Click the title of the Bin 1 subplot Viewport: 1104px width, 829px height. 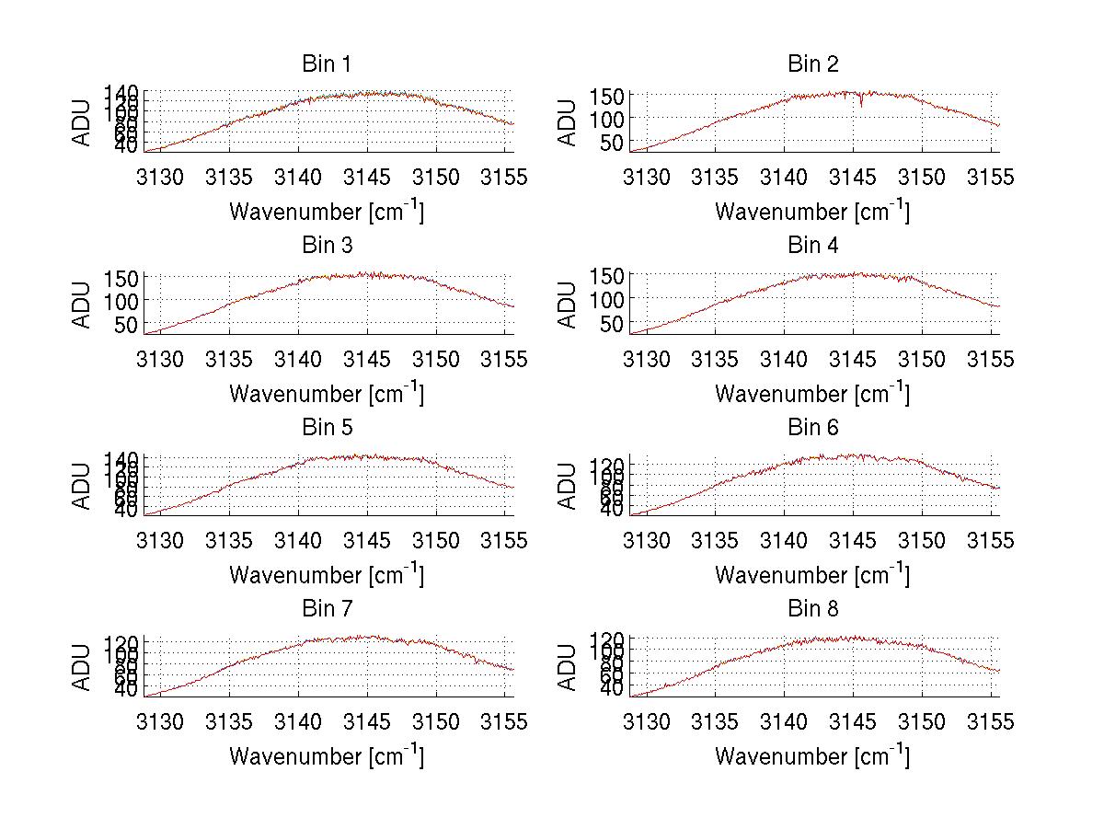pyautogui.click(x=327, y=64)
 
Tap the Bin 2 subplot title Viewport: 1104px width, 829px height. pyautogui.click(x=813, y=64)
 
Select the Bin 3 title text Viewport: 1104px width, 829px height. pyautogui.click(x=327, y=246)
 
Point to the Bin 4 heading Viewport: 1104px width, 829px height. pyautogui.click(x=813, y=246)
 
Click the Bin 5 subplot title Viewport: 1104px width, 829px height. pyautogui.click(x=327, y=428)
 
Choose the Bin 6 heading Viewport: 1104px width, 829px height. pyautogui.click(x=813, y=428)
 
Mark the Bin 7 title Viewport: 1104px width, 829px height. pyautogui.click(x=327, y=609)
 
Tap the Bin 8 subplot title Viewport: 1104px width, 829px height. pyautogui.click(x=813, y=609)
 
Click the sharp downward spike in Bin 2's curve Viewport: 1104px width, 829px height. pyautogui.click(x=861, y=105)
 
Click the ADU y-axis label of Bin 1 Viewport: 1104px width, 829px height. pyautogui.click(x=83, y=121)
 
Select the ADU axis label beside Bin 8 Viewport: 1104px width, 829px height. pyautogui.click(x=569, y=667)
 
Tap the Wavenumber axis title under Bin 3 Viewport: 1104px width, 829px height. pyautogui.click(x=327, y=394)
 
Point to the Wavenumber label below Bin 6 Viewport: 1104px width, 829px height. pyautogui.click(x=813, y=575)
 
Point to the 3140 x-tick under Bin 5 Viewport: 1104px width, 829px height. pyautogui.click(x=298, y=541)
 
